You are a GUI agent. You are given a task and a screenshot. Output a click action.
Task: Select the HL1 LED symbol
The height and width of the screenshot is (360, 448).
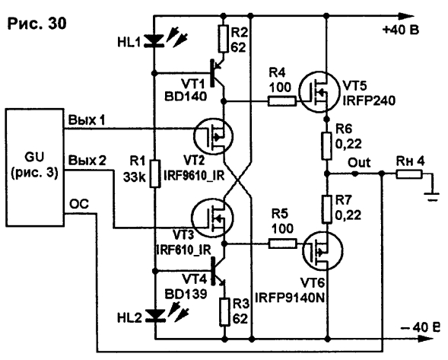point(154,40)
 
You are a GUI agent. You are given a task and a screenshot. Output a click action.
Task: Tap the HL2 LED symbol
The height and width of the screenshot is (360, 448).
point(156,316)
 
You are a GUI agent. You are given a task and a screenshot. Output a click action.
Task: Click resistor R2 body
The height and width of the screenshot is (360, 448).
point(224,39)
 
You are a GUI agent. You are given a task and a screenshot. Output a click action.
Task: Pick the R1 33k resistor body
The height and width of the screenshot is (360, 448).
point(155,174)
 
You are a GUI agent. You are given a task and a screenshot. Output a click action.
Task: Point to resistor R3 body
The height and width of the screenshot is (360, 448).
point(224,312)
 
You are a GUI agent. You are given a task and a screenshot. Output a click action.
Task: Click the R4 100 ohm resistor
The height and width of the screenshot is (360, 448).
point(281,101)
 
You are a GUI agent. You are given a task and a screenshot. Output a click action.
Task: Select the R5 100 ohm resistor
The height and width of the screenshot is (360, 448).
point(283,244)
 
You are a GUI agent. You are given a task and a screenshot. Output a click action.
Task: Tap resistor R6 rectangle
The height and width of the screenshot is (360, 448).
point(326,146)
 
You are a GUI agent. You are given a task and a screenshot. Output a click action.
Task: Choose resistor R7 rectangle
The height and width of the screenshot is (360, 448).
point(326,209)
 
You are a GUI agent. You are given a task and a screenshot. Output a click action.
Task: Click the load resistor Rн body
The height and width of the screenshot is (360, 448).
point(409,174)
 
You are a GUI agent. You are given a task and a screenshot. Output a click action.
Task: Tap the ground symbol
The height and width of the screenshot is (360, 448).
point(433,197)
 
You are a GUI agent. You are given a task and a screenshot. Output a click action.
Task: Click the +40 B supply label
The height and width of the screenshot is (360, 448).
point(401,30)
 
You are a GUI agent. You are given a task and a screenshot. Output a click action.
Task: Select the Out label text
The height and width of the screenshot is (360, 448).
point(359,162)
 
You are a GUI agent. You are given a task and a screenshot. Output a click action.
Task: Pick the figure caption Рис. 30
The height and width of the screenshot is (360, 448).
point(37,24)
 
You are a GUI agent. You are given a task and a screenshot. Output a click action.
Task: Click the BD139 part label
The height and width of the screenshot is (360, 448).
point(186,294)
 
